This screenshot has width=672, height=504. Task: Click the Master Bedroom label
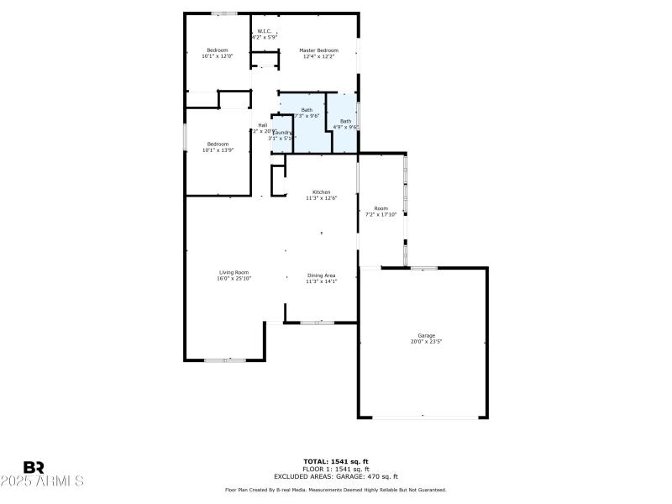(319, 50)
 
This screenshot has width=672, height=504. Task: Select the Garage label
(427, 335)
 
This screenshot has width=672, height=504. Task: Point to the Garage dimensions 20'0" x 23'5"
(427, 342)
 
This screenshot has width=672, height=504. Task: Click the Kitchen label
(322, 192)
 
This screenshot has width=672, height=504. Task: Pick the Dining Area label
(321, 276)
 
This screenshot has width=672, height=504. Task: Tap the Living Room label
(234, 271)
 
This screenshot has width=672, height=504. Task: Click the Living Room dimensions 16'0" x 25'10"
(234, 278)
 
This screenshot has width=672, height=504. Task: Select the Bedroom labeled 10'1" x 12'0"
(217, 53)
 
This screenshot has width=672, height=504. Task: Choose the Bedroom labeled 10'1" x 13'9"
(217, 147)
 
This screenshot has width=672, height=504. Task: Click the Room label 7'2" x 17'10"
(381, 211)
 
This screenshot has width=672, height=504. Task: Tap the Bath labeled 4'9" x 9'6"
(346, 123)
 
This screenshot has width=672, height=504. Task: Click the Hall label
(263, 125)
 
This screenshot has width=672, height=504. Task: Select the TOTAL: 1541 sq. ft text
(336, 461)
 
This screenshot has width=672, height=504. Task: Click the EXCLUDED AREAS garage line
(336, 476)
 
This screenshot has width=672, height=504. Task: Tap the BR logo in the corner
(34, 467)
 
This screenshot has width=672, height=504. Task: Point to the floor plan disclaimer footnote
(336, 489)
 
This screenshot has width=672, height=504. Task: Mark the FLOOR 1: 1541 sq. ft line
(336, 469)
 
